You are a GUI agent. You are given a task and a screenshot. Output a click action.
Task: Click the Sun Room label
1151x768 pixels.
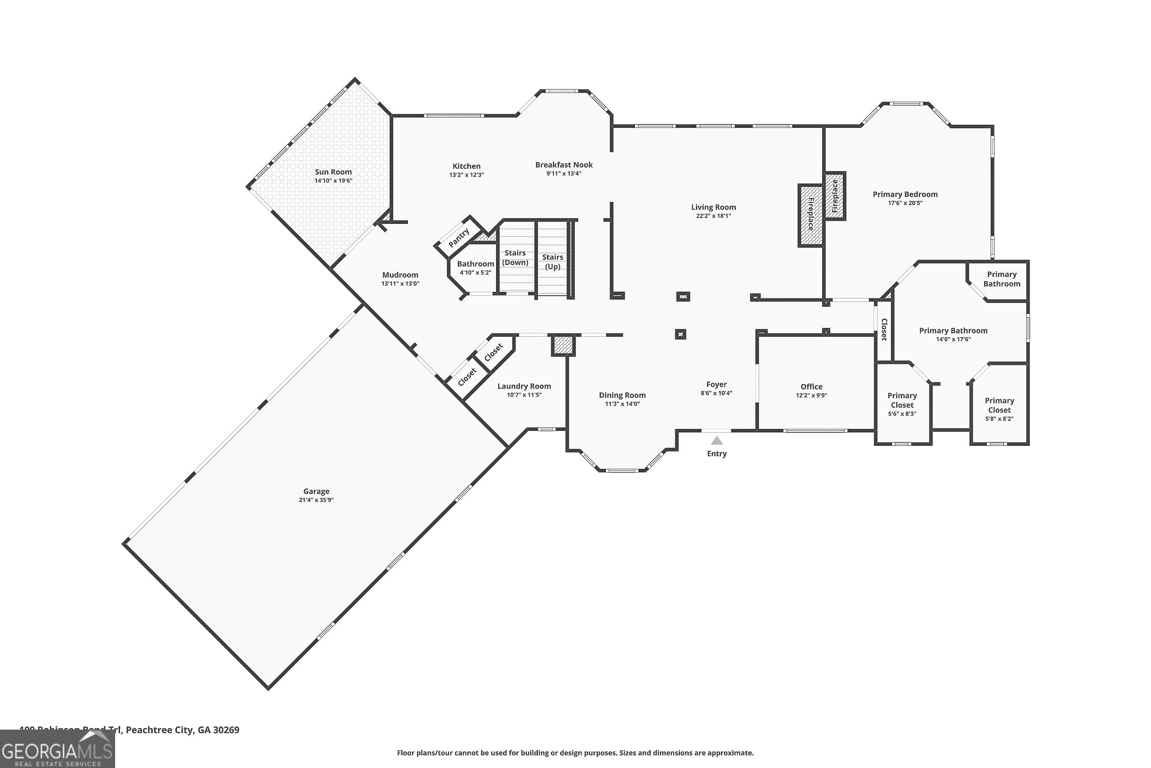[x=333, y=172]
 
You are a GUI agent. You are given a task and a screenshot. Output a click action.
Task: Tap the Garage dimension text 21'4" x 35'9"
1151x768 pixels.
[x=316, y=500]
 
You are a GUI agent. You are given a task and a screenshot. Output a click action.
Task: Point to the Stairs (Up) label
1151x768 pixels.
[x=552, y=262]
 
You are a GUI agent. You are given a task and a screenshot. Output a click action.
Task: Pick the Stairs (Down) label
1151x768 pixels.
[x=515, y=258]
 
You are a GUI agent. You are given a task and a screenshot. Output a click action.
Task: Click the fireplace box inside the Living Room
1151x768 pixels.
[x=810, y=215]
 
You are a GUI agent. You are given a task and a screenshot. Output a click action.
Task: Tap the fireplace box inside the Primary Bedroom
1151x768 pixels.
[x=835, y=196]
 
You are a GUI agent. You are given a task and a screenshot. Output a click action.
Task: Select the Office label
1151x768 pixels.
[x=811, y=386]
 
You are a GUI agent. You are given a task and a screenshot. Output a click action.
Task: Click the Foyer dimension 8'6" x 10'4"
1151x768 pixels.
[x=716, y=393]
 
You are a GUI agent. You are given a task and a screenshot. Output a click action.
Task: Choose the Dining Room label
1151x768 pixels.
[x=622, y=395]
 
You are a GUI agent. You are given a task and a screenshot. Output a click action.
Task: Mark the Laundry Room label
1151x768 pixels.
[x=524, y=386]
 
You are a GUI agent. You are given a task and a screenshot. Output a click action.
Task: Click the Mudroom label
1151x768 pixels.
[x=400, y=275]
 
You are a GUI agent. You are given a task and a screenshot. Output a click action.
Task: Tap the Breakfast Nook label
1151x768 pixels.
[x=564, y=165]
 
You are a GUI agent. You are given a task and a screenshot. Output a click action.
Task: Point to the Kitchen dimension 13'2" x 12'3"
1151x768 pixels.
[x=467, y=175]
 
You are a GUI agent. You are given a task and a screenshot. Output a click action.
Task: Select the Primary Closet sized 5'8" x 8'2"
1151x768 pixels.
[x=999, y=409]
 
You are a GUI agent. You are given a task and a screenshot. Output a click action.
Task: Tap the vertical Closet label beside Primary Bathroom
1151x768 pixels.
[x=884, y=329]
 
